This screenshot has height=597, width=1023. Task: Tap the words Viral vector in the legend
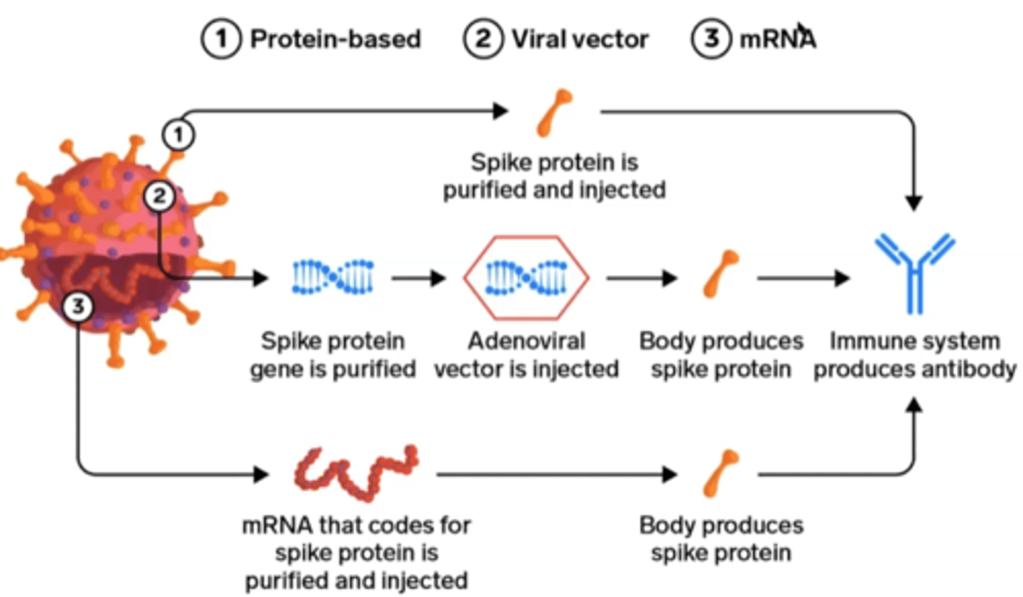(x=580, y=40)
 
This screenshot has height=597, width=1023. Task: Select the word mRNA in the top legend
(x=777, y=40)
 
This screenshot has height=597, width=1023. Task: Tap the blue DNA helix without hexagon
(x=334, y=277)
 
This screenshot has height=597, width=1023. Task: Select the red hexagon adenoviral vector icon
(x=526, y=277)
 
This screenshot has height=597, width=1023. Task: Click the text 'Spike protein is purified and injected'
(x=554, y=177)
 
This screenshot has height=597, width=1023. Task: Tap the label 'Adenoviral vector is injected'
(x=526, y=355)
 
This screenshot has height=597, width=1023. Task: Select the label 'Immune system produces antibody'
(x=914, y=355)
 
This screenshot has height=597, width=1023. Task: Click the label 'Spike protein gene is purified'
(x=332, y=355)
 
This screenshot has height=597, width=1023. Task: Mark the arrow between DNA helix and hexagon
(x=419, y=278)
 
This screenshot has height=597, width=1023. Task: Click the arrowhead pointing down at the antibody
(x=915, y=202)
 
